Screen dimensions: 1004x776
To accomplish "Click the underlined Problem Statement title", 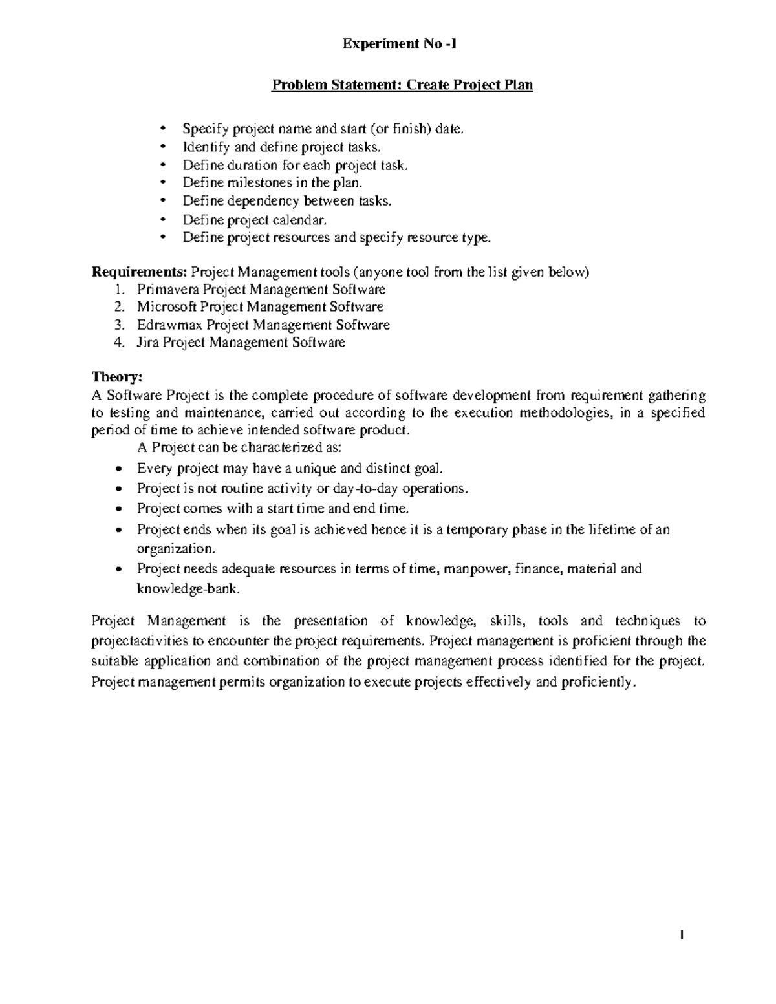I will click(x=402, y=85).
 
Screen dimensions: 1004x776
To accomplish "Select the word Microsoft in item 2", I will click(x=166, y=307).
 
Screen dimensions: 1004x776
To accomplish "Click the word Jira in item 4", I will click(x=147, y=343).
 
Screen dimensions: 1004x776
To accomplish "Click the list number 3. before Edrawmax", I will click(x=118, y=325).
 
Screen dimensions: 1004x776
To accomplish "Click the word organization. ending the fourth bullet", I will click(x=175, y=548).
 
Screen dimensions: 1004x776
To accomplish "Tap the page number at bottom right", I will click(x=682, y=935).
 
